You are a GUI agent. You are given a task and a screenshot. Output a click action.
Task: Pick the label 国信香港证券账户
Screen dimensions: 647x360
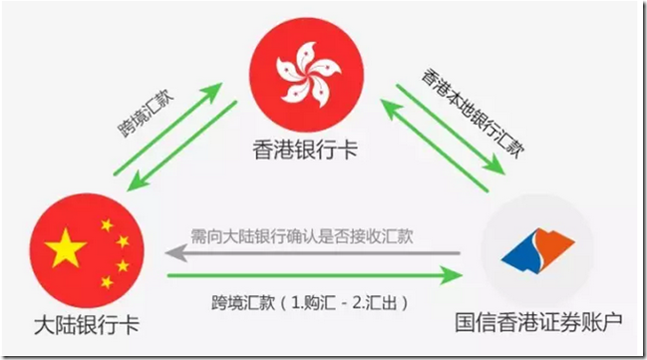543,326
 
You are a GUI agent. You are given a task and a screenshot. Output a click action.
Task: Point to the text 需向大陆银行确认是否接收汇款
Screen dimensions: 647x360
305,239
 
